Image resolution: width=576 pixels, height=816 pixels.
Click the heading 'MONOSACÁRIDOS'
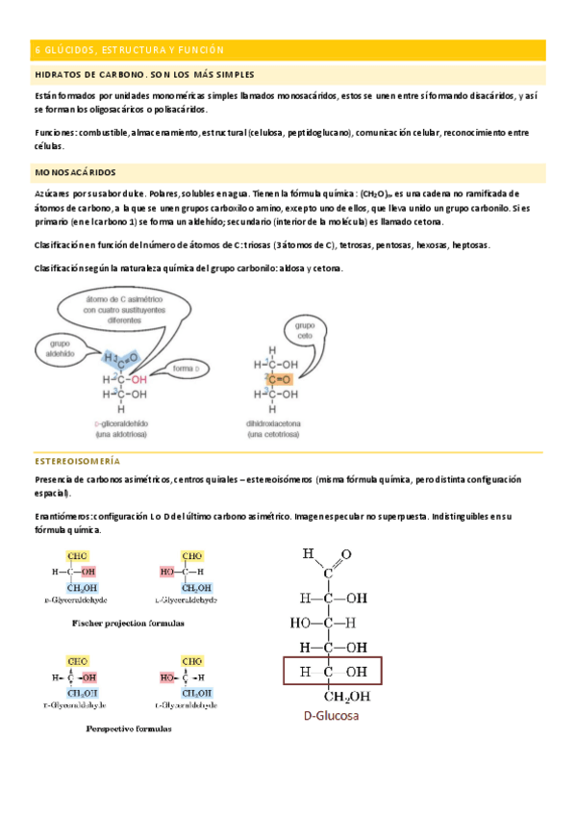(x=75, y=172)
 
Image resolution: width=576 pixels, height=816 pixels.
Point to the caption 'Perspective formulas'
(x=129, y=728)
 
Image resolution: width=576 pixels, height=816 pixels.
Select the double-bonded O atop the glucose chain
(x=346, y=554)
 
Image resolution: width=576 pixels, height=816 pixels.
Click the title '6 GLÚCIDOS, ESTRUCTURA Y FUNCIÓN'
(x=129, y=49)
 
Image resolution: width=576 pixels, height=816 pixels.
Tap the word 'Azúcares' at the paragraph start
(x=54, y=193)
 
